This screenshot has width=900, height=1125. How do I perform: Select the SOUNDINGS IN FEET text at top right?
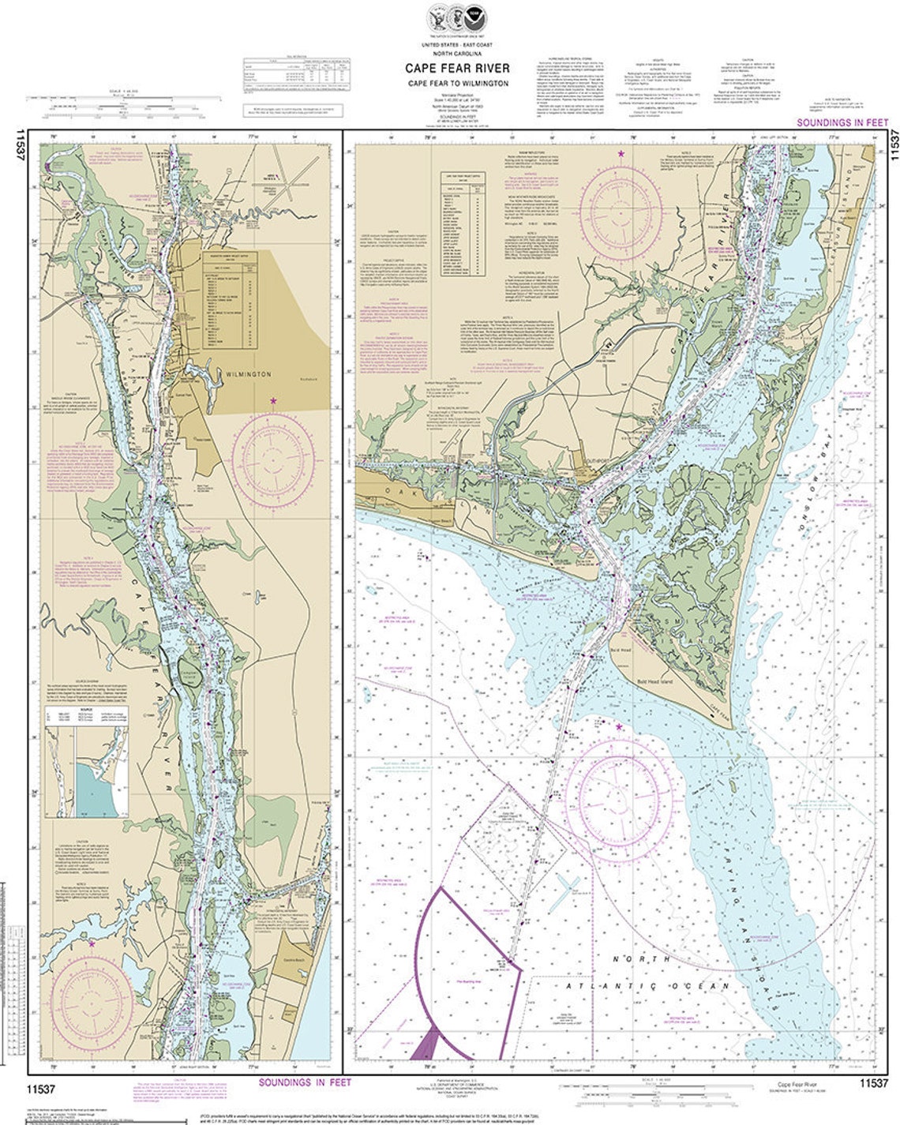(x=842, y=123)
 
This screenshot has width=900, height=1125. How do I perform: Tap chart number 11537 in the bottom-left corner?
(x=39, y=1089)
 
